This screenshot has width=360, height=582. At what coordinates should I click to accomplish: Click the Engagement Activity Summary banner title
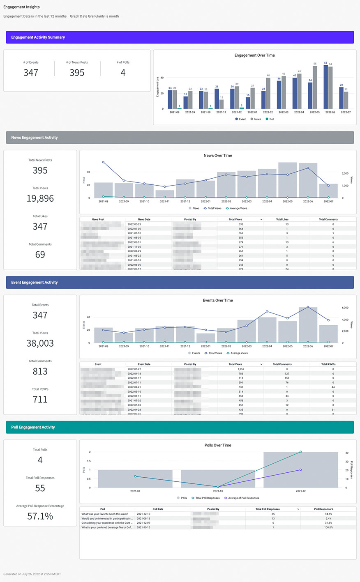point(38,37)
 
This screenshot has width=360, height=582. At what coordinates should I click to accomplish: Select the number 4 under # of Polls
point(123,73)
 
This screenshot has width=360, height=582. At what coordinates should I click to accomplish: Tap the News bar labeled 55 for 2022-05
point(315,87)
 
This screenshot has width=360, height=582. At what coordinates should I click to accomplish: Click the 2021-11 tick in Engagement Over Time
point(221,112)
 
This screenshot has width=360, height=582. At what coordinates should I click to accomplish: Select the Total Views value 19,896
point(40,198)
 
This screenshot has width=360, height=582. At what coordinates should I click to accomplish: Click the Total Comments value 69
point(40,255)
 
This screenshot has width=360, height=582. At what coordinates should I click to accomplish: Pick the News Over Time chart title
point(218,156)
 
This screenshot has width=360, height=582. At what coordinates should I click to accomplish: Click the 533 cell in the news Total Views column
point(241,224)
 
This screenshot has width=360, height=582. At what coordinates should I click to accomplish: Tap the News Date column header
point(144,219)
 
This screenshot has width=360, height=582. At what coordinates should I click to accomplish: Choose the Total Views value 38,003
point(40,343)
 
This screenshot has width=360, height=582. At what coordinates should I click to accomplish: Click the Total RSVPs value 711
point(40,399)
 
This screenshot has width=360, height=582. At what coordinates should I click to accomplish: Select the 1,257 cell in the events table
point(241,369)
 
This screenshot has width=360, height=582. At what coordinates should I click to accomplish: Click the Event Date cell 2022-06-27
point(134,369)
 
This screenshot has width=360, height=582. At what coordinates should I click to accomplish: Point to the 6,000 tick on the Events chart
point(345,308)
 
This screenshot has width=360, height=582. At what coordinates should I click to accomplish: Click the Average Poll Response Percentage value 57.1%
point(40,516)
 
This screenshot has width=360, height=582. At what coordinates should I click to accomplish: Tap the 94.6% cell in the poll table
point(328,514)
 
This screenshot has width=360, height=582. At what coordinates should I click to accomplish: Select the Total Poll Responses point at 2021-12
point(301,452)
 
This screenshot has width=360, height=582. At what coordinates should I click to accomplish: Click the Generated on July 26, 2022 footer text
point(32,574)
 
